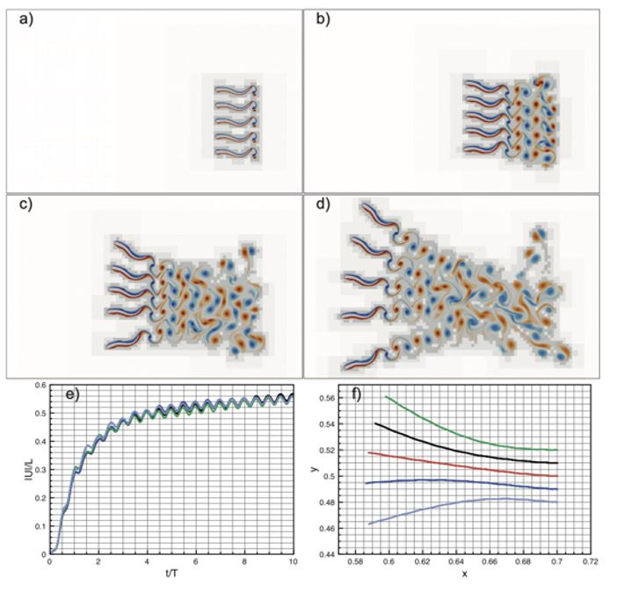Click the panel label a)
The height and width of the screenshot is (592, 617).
pos(24,23)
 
